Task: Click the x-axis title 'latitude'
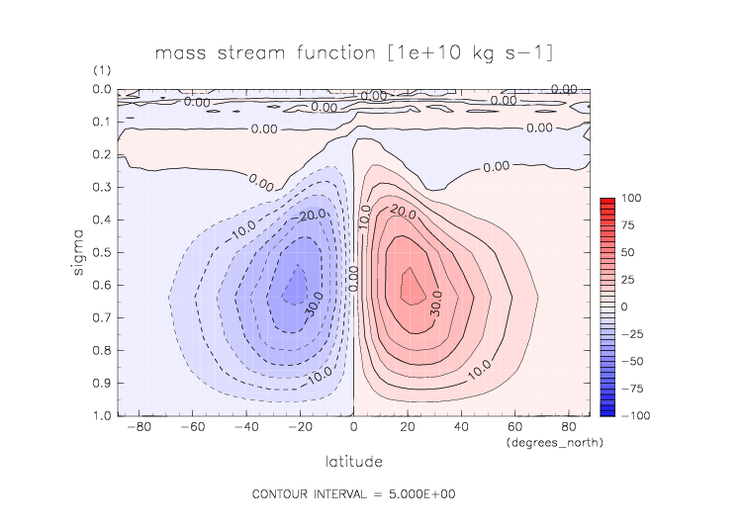tap(353, 461)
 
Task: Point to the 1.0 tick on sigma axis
tap(101, 416)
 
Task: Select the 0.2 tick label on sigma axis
tap(101, 154)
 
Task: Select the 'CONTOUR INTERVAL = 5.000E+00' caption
tap(353, 493)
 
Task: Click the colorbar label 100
tap(630, 199)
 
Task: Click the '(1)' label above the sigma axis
tap(101, 72)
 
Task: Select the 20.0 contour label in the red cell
tap(403, 212)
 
